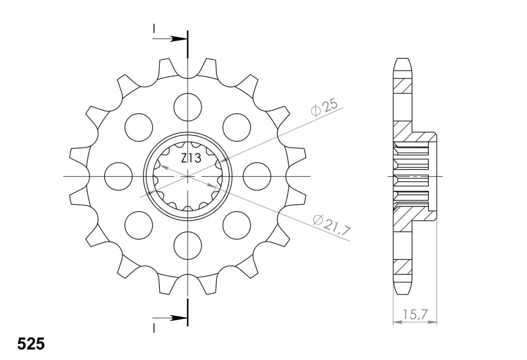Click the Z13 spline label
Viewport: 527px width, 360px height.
point(191,158)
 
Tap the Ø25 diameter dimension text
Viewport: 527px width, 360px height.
point(324,108)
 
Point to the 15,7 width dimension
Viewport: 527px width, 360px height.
point(415,314)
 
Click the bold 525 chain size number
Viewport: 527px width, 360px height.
point(31,344)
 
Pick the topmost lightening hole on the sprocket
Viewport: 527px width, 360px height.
point(188,107)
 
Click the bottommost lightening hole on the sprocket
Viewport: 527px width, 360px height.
point(188,245)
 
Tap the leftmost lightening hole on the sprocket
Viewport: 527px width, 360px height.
point(119,176)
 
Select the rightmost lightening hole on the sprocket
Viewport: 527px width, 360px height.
point(257,176)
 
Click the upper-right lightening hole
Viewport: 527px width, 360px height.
point(237,127)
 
